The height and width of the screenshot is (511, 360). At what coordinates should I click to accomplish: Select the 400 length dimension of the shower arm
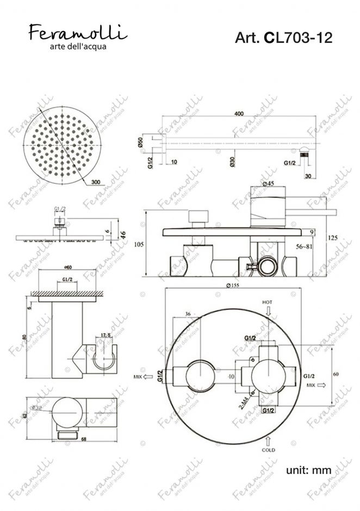pyautogui.click(x=238, y=114)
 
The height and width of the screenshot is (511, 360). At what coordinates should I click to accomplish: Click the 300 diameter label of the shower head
pyautogui.click(x=96, y=182)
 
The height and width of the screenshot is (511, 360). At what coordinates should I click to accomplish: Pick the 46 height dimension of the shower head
pyautogui.click(x=123, y=235)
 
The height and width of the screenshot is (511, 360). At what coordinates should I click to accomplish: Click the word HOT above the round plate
pyautogui.click(x=267, y=302)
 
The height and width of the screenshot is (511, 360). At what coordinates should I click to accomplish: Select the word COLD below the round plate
pyautogui.click(x=268, y=450)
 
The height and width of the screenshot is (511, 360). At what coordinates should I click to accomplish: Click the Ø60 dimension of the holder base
pyautogui.click(x=69, y=266)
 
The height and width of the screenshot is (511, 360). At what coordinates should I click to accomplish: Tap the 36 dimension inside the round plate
pyautogui.click(x=188, y=314)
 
